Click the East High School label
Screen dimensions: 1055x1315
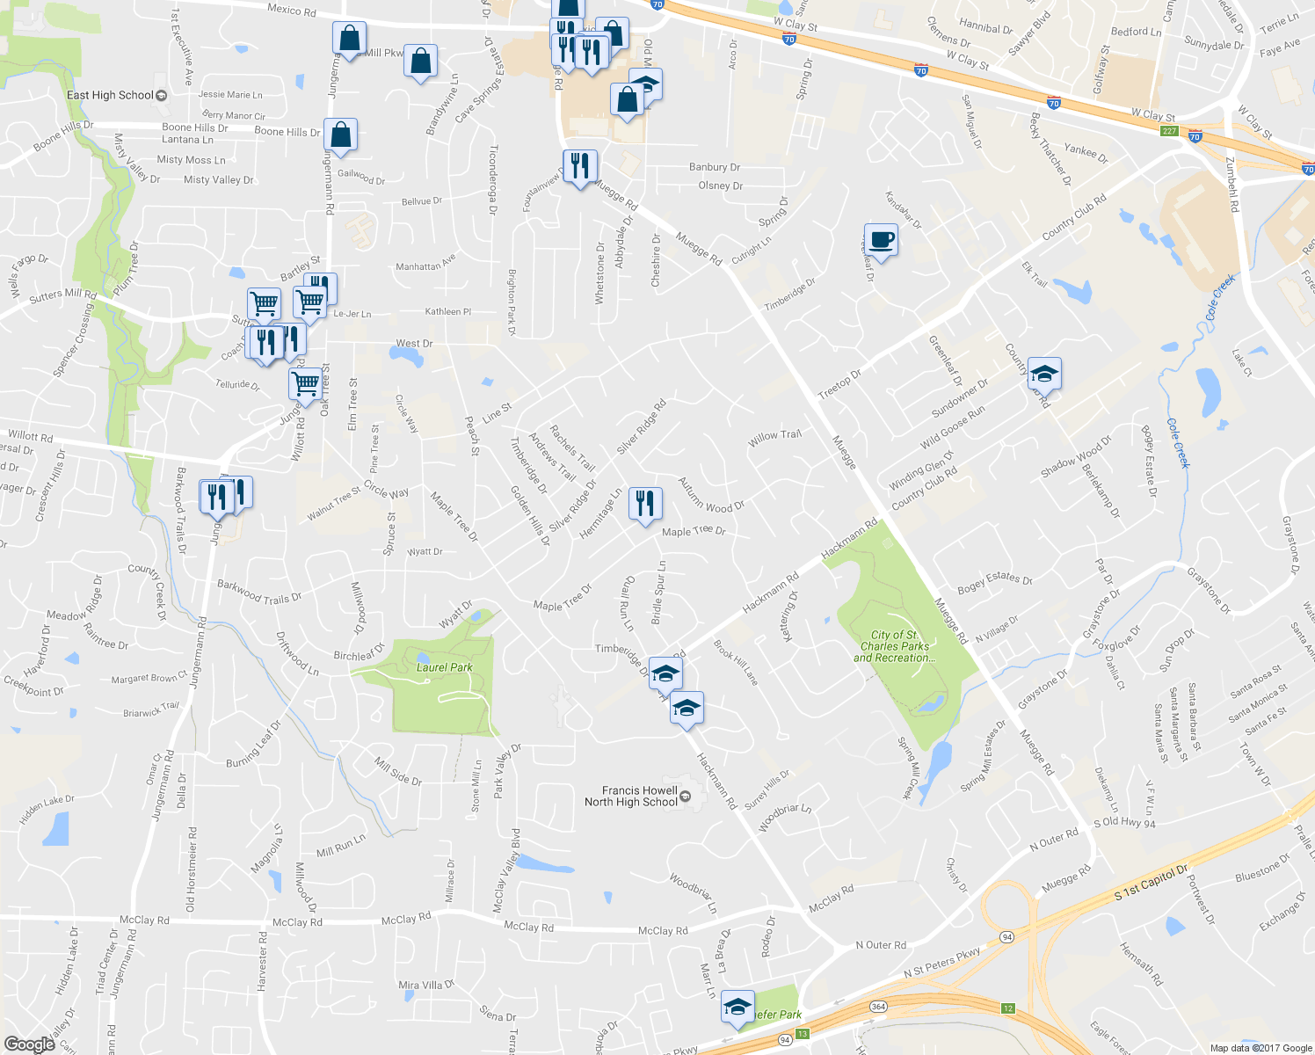(110, 95)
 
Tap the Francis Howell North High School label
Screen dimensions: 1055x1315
(631, 796)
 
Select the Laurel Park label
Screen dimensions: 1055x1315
(444, 667)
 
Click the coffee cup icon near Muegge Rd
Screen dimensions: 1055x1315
(881, 239)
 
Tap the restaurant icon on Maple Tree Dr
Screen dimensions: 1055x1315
(645, 504)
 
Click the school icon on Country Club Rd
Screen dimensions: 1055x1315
(1043, 373)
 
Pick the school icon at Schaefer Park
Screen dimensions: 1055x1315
(737, 1006)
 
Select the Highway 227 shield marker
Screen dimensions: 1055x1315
(1169, 131)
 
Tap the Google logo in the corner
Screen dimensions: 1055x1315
(29, 1044)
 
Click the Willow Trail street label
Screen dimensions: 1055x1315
(774, 435)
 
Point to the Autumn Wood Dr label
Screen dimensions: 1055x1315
(711, 495)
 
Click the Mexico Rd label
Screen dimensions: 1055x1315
(291, 11)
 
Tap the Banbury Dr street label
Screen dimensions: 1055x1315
(714, 167)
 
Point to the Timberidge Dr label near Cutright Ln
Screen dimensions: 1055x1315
(789, 294)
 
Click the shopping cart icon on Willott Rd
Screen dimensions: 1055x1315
(305, 383)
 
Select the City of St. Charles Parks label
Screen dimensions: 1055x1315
(894, 646)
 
